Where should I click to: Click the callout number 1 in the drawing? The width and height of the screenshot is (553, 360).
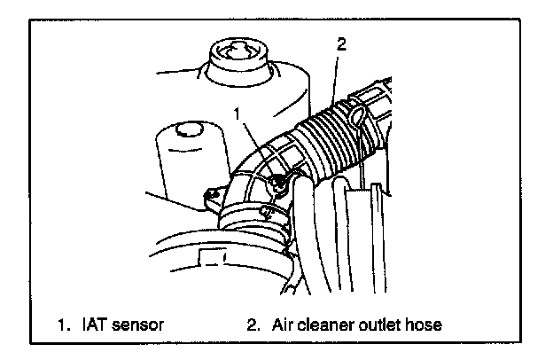pos(237,113)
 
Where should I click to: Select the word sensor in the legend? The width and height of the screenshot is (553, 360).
pos(139,325)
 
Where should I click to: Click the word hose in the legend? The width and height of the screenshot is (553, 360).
pos(425,325)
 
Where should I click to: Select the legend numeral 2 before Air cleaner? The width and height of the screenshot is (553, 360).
pos(253,325)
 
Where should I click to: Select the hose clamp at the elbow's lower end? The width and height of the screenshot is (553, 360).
pos(253,217)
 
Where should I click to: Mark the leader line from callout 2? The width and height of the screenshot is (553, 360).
pos(335,71)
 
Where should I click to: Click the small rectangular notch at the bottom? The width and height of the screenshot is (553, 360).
pos(212,257)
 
